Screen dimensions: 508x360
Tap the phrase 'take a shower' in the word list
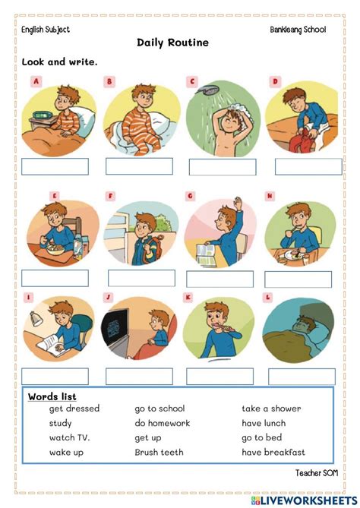pos(271,409)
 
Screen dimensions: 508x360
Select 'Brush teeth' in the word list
pos(159,453)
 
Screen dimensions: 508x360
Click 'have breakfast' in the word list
pos(273,453)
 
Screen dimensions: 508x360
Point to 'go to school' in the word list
pos(159,409)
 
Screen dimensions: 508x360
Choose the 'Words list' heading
pos(52,396)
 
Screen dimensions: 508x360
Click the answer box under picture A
pos(55,166)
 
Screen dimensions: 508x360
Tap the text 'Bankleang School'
pos(298,30)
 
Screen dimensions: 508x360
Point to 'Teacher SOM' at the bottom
pos(317,473)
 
